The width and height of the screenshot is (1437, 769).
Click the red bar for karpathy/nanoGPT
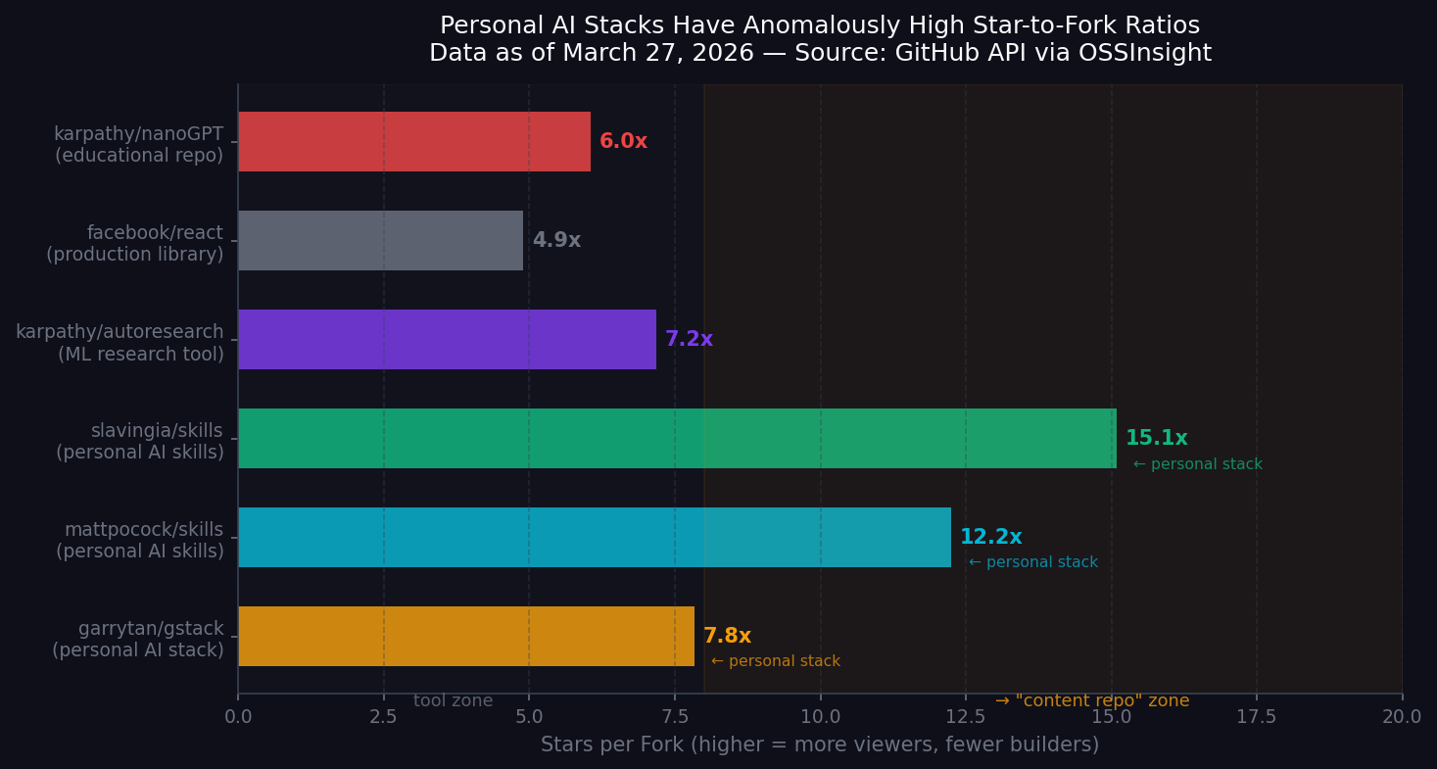413,142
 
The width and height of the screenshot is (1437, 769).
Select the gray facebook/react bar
380,241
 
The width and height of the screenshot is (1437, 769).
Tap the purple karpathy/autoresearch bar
447,340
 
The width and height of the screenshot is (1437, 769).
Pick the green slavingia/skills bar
676,439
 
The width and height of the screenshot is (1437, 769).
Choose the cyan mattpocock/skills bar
594,538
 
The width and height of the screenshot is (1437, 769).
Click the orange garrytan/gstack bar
465,637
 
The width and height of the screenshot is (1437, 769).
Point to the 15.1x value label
1156,439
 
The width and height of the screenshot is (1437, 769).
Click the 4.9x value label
556,241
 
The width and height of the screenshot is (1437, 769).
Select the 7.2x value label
689,340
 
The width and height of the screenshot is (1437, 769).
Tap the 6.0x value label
623,142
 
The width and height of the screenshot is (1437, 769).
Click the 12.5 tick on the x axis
966,717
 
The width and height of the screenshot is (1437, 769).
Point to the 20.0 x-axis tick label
1401,717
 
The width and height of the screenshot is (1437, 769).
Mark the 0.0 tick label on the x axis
238,717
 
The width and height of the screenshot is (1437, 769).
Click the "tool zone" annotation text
453,701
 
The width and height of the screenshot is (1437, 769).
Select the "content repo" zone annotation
1092,701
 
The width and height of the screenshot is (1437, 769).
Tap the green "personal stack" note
1197,465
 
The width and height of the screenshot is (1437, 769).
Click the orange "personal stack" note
775,662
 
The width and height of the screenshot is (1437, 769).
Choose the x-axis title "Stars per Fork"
819,745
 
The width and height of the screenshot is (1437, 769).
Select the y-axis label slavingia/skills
157,431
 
